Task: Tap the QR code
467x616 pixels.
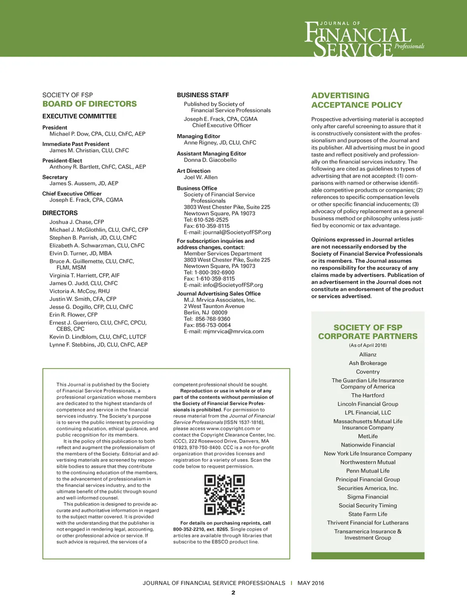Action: pos(224,495)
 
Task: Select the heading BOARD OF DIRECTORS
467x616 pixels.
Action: pos(89,104)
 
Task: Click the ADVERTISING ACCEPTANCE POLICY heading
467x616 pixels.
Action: pos(357,100)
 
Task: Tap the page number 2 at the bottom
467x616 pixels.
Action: pos(233,593)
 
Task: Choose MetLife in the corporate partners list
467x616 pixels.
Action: pos(368,437)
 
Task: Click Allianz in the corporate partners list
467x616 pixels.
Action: pos(368,355)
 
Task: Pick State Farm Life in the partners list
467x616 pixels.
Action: pos(368,514)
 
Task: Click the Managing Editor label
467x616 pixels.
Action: pos(198,136)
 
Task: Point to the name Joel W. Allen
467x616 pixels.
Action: pos(201,177)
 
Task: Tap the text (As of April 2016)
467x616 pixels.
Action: pos(368,345)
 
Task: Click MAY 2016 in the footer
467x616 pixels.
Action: pos(311,583)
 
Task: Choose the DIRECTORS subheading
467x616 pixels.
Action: pos(60,213)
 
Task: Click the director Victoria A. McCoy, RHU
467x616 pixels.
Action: pos(79,291)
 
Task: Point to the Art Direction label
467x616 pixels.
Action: pos(193,171)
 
